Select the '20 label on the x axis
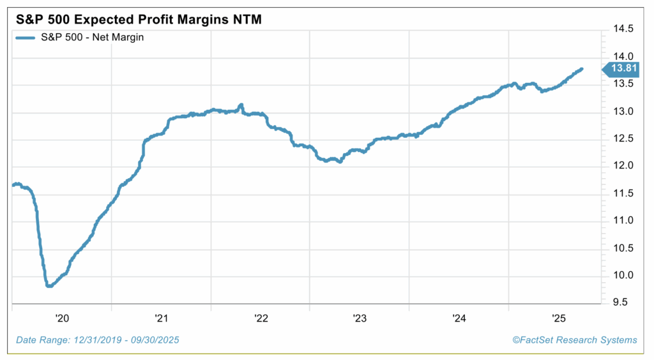(x=63, y=317)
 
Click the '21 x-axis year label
(x=161, y=317)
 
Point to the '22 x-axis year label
(x=261, y=317)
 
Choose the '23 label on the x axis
(x=360, y=317)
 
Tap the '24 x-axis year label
(x=459, y=317)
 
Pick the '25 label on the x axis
(x=558, y=317)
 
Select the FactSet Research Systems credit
(x=575, y=340)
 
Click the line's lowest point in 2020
(x=49, y=286)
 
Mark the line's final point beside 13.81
(x=581, y=69)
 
